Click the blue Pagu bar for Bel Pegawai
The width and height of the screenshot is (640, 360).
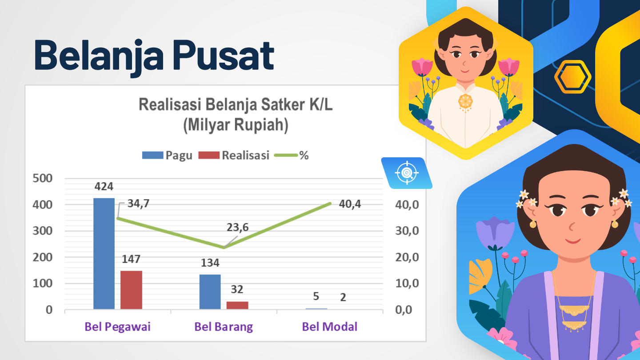point(104,253)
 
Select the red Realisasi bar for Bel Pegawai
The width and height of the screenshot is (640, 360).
point(131,290)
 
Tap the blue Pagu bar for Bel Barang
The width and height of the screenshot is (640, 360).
point(210,292)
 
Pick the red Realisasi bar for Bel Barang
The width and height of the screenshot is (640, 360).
point(237,305)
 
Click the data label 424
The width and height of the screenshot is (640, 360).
point(104,187)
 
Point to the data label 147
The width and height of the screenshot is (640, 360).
point(131,259)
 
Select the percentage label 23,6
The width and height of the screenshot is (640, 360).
point(238,228)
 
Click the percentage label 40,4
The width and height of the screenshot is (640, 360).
point(350,204)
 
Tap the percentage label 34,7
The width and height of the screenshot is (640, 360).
point(138,204)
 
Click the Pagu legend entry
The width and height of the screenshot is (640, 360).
point(167,156)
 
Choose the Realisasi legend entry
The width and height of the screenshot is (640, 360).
point(234,156)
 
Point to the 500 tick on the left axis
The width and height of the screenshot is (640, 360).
point(43,178)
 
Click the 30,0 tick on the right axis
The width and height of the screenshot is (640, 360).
point(407,231)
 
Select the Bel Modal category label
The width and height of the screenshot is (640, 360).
point(330,327)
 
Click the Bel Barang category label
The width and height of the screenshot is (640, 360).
point(224,327)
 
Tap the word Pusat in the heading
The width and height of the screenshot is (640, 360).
point(223,55)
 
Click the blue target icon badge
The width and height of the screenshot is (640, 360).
point(407,173)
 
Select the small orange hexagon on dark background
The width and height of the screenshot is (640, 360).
point(573,77)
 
